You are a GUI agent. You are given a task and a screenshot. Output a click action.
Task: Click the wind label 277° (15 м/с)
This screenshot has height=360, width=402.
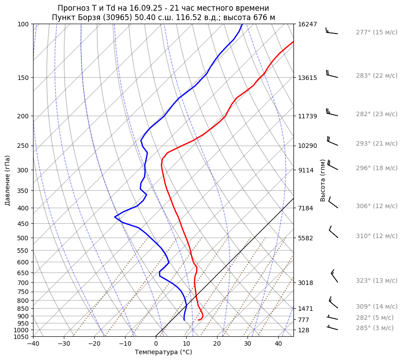[376, 33]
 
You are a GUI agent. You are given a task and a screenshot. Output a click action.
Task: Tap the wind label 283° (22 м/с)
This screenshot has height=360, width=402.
[376, 76]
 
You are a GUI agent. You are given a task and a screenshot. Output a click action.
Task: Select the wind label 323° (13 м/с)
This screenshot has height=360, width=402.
[376, 281]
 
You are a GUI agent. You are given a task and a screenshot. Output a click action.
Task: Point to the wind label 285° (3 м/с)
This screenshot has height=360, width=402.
[374, 328]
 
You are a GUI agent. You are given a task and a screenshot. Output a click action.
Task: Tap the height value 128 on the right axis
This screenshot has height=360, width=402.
[303, 330]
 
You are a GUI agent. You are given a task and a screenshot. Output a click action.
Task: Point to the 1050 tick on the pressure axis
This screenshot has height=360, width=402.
[21, 337]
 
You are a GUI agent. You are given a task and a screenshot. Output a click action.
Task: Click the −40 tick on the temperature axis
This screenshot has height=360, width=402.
[33, 344]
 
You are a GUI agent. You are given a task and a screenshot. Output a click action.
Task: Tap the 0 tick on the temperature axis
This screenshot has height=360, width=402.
[156, 344]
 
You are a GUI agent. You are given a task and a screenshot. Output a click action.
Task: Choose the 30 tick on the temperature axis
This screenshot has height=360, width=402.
[247, 344]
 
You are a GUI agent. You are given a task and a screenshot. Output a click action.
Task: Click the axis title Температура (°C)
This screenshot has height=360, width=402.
[163, 352]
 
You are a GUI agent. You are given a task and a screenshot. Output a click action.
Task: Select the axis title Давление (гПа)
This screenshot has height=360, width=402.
[8, 180]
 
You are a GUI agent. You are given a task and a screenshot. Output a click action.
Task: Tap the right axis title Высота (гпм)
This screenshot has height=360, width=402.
[323, 180]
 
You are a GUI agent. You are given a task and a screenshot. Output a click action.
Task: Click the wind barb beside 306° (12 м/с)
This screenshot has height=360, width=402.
[333, 203]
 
